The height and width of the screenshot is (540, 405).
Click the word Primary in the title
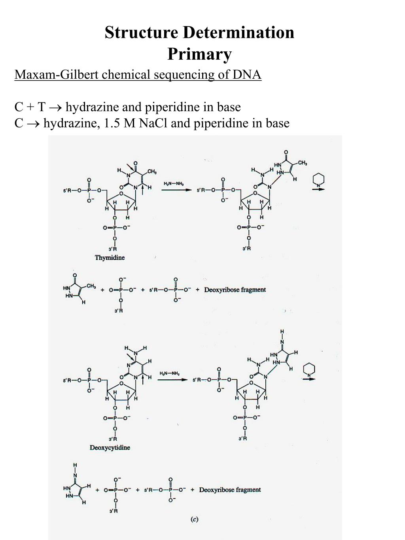pyautogui.click(x=199, y=54)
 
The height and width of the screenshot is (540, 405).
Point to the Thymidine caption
pyautogui.click(x=110, y=258)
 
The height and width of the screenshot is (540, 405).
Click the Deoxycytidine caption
pyautogui.click(x=110, y=447)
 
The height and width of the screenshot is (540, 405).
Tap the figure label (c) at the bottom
pyautogui.click(x=195, y=519)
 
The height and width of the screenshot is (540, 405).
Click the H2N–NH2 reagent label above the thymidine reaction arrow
pyautogui.click(x=174, y=184)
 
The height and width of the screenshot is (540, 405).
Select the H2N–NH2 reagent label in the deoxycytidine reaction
pyautogui.click(x=170, y=373)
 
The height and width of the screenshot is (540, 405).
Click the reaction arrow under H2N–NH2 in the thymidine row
pyautogui.click(x=176, y=190)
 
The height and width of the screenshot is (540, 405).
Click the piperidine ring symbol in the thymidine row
pyautogui.click(x=318, y=180)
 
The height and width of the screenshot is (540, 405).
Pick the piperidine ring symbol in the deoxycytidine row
pyautogui.click(x=309, y=369)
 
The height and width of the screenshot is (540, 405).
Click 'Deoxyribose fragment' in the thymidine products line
pyautogui.click(x=235, y=290)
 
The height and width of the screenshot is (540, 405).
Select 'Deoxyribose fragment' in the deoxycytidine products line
pyautogui.click(x=230, y=490)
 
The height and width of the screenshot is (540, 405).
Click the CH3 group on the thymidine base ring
pyautogui.click(x=152, y=171)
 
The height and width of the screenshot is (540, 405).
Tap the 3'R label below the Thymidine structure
pyautogui.click(x=113, y=249)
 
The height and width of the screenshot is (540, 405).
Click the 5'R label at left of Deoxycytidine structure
pyautogui.click(x=67, y=380)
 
